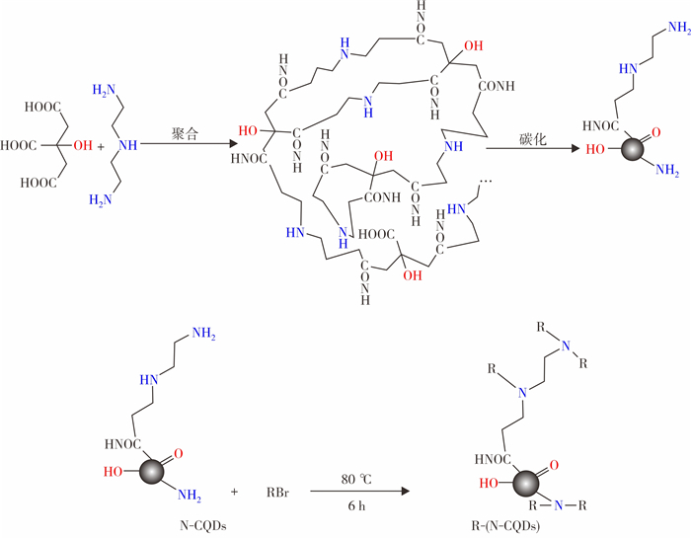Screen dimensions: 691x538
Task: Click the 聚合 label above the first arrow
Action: (x=186, y=134)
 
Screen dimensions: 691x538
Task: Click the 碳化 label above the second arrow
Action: (x=533, y=139)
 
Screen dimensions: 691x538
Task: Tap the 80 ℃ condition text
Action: (x=356, y=479)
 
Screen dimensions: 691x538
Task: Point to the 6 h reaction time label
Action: (x=356, y=505)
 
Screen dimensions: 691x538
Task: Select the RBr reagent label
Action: (x=277, y=492)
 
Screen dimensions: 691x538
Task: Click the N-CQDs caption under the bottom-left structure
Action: (x=203, y=525)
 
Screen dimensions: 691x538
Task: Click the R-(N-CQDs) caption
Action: (x=505, y=525)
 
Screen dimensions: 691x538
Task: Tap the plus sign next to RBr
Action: (x=234, y=492)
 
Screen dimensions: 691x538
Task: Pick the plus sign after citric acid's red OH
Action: (x=101, y=146)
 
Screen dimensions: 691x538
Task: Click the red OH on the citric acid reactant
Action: (x=83, y=145)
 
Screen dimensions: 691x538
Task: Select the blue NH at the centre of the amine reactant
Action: (x=127, y=145)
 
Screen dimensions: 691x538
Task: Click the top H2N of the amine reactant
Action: (x=104, y=91)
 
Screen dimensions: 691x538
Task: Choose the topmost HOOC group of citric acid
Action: (x=42, y=107)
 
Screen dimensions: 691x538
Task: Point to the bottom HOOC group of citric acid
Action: (x=38, y=183)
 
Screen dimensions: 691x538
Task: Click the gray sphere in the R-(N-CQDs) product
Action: (x=526, y=483)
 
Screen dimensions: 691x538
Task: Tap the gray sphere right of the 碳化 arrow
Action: (x=633, y=148)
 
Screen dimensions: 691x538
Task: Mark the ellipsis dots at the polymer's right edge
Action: (x=486, y=181)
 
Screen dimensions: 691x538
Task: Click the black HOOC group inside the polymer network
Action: (x=376, y=234)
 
